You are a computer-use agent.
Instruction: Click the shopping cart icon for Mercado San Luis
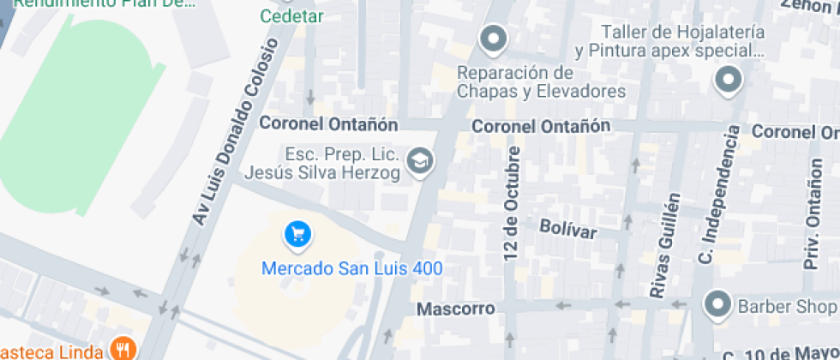tap(297, 233)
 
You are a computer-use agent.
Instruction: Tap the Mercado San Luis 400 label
tap(351, 268)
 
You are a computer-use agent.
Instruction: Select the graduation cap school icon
tap(419, 160)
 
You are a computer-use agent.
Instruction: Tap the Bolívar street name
tap(567, 228)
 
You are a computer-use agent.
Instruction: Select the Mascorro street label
tap(456, 309)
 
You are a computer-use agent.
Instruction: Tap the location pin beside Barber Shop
tap(717, 304)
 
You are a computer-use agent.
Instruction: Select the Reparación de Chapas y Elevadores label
tap(541, 81)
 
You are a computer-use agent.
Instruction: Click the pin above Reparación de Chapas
tap(493, 38)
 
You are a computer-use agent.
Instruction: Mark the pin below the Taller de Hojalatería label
tap(728, 81)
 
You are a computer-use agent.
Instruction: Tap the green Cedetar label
tap(291, 16)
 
